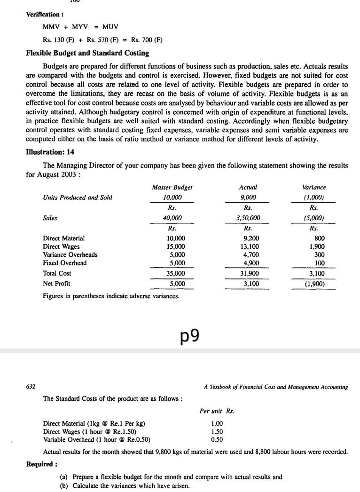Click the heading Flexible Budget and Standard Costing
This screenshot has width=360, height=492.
87,53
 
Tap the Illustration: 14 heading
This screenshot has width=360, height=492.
50,152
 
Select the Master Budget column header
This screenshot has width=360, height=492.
172,187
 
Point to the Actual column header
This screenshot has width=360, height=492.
248,187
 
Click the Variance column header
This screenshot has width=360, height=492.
314,187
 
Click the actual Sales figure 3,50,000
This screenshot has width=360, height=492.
248,218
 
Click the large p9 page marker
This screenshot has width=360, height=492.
190,335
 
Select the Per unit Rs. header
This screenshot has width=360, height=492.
217,411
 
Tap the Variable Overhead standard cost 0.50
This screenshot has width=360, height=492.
217,440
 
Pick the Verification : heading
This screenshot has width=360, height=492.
45,14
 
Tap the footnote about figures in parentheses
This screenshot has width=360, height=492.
111,296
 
